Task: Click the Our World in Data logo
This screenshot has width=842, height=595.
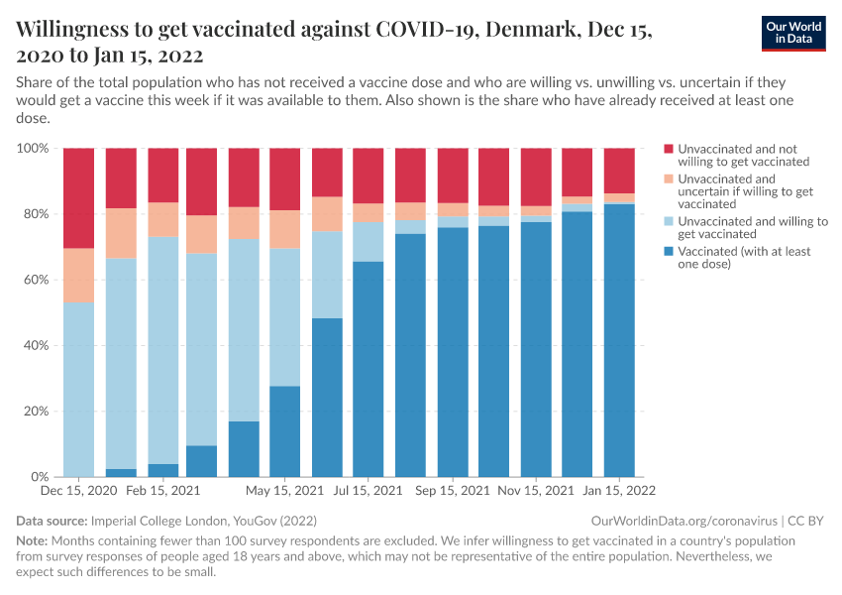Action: [793, 32]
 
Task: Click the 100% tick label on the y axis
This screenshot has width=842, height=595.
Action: [33, 149]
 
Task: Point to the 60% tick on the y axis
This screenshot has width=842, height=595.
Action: [36, 280]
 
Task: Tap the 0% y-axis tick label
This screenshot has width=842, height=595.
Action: [41, 477]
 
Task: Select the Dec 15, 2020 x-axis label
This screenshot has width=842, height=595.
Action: [78, 491]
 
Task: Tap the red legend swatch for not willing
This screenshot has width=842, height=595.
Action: [670, 148]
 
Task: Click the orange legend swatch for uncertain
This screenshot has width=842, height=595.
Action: [670, 178]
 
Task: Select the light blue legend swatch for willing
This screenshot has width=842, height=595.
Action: [670, 221]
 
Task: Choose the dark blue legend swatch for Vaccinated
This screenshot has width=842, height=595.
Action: [670, 251]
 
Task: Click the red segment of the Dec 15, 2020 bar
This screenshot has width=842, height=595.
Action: [78, 197]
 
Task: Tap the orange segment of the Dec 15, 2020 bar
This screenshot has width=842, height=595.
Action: [78, 275]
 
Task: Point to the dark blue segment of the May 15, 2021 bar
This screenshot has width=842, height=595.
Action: [285, 431]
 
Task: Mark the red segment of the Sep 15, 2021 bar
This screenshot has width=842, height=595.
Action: [453, 176]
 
